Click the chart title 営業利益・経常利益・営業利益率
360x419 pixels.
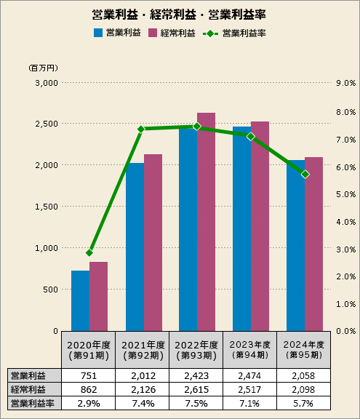tap(179, 15)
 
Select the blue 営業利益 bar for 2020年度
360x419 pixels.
tap(80, 300)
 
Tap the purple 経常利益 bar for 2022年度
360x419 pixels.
tap(206, 222)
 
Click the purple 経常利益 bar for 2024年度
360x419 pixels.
tap(313, 244)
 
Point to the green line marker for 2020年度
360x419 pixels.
tap(89, 252)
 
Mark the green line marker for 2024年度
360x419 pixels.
tap(305, 174)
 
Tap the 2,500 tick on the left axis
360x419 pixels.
tap(47, 124)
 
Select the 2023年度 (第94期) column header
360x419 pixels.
tap(251, 350)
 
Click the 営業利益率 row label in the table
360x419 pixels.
tap(28, 402)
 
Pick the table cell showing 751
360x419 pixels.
tap(89, 376)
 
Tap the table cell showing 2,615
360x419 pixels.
tap(196, 389)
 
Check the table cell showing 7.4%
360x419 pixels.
tap(143, 402)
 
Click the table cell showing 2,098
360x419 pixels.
tap(304, 389)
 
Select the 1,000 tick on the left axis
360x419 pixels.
tap(47, 247)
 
